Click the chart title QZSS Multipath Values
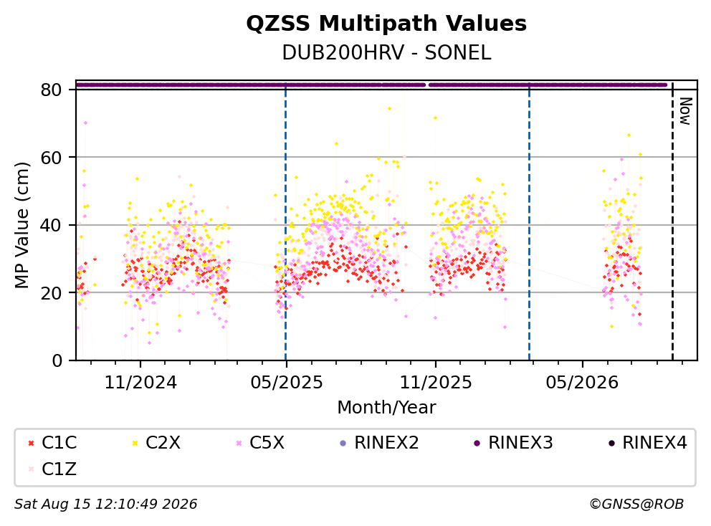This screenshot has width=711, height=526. [386, 24]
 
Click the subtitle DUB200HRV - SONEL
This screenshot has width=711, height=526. [386, 52]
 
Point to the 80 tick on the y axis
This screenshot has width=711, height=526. [51, 90]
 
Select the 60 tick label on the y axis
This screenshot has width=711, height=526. [51, 158]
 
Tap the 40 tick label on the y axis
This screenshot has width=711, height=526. [51, 225]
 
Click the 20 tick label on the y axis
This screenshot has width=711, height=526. [51, 293]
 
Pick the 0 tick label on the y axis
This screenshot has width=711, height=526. [57, 360]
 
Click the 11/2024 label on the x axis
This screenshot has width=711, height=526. [140, 383]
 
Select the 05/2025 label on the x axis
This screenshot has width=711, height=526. [286, 383]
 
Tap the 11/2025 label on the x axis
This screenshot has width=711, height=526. [435, 383]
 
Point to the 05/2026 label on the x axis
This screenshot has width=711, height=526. [582, 383]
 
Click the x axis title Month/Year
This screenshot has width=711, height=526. [386, 408]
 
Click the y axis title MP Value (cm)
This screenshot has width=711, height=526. [22, 225]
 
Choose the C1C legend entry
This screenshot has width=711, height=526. [52, 443]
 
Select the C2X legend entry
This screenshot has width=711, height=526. [156, 443]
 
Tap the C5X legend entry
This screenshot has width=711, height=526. [261, 443]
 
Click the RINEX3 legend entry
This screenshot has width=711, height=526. [513, 443]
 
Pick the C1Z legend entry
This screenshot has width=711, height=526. [52, 469]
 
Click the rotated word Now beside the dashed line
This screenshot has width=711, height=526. [686, 111]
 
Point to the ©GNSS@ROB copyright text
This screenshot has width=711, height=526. [636, 504]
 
